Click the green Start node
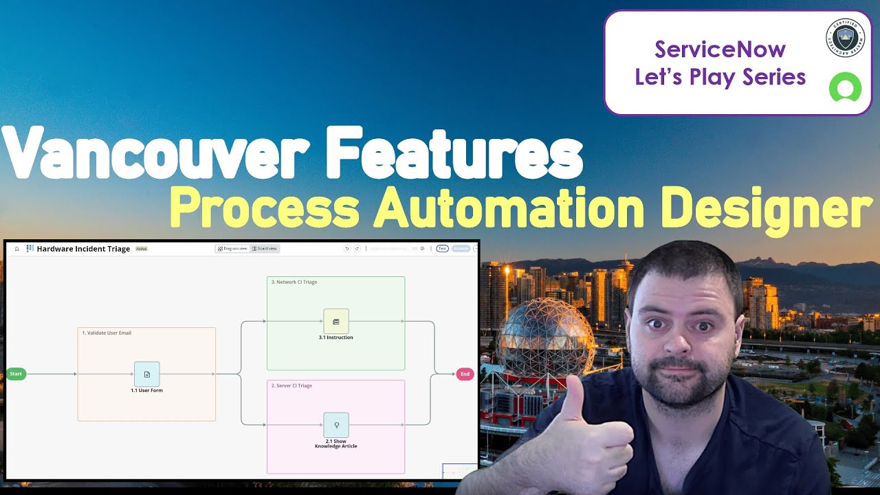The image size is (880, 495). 16,374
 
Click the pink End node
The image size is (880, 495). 465,374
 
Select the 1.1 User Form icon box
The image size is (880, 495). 146,374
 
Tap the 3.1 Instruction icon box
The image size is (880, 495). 335,321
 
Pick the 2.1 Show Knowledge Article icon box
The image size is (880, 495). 335,425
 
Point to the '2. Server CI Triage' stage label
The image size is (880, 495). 294,386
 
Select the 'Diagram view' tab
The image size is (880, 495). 232,248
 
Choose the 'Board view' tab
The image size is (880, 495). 265,248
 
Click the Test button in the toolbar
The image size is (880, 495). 443,248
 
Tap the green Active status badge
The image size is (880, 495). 141,249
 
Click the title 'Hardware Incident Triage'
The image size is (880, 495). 83,249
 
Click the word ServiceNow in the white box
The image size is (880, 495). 720,49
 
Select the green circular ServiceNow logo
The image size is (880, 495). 845,88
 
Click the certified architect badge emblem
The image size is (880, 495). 845,38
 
